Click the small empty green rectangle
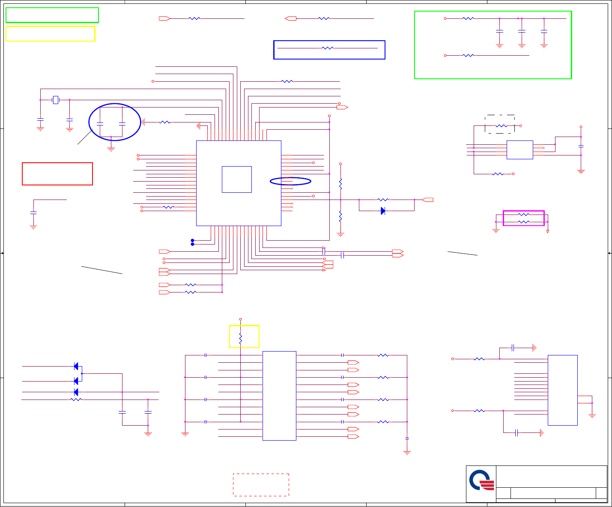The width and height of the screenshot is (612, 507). pos(52,15)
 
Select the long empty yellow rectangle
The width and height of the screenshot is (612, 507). pos(50,34)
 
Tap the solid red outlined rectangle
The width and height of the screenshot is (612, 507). pos(57,174)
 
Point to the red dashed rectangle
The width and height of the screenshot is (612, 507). pos(261,485)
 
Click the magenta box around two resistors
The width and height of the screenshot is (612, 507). pos(523,218)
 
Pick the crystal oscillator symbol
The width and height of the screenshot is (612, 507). pos(55,100)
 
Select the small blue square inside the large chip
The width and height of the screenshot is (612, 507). pos(237,179)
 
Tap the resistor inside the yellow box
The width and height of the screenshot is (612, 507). pos(241,339)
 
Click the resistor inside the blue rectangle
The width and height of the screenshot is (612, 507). pos(327,48)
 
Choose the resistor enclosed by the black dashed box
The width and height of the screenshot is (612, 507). pos(501,126)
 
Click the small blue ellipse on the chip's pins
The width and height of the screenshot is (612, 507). pos(290,181)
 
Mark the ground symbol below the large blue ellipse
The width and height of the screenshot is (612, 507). pos(111,149)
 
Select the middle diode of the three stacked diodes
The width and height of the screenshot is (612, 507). pos(76,381)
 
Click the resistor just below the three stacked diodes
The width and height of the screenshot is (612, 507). pos(76,400)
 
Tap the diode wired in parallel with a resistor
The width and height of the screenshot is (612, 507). pos(383,211)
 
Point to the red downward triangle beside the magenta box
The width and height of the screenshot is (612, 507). pos(548,231)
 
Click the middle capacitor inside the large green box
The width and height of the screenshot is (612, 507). pos(522,31)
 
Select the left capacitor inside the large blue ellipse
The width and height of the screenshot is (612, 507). pos(100,124)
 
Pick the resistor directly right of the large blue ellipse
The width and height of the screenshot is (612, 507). pos(164,122)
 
